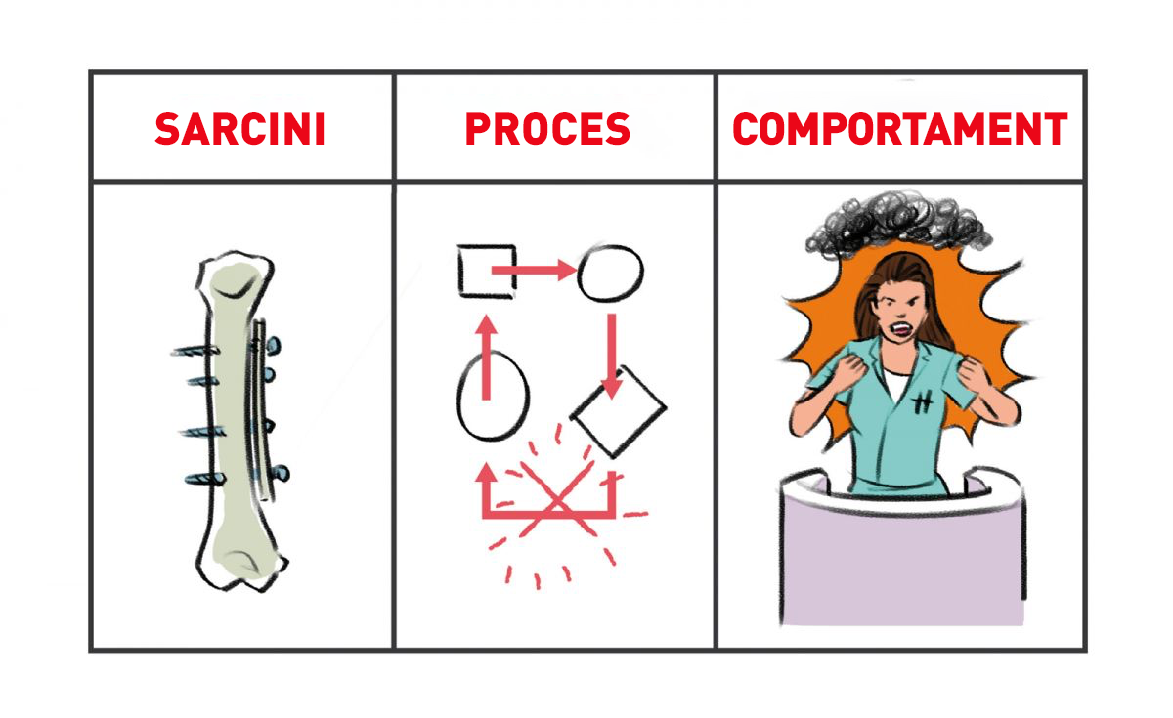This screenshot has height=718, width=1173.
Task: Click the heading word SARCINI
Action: (x=240, y=129)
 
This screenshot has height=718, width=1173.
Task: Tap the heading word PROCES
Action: (x=547, y=129)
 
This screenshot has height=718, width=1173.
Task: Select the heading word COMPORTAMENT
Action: (x=900, y=129)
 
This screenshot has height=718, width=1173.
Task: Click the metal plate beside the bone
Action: (x=261, y=408)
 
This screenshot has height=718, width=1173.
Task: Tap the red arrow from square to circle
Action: (x=533, y=270)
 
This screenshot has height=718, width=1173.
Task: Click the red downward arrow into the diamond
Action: (x=612, y=356)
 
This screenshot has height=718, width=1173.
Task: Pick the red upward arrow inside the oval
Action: (x=487, y=358)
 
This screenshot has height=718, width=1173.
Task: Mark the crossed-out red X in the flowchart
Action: (x=557, y=498)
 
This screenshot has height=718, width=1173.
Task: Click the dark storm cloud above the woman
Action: (x=898, y=224)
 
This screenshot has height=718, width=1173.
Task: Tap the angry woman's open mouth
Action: (x=901, y=328)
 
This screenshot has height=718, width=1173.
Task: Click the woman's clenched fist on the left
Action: (x=848, y=370)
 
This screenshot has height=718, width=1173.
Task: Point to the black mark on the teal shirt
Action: (x=923, y=402)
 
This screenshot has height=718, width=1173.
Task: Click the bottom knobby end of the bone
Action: (x=242, y=566)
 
